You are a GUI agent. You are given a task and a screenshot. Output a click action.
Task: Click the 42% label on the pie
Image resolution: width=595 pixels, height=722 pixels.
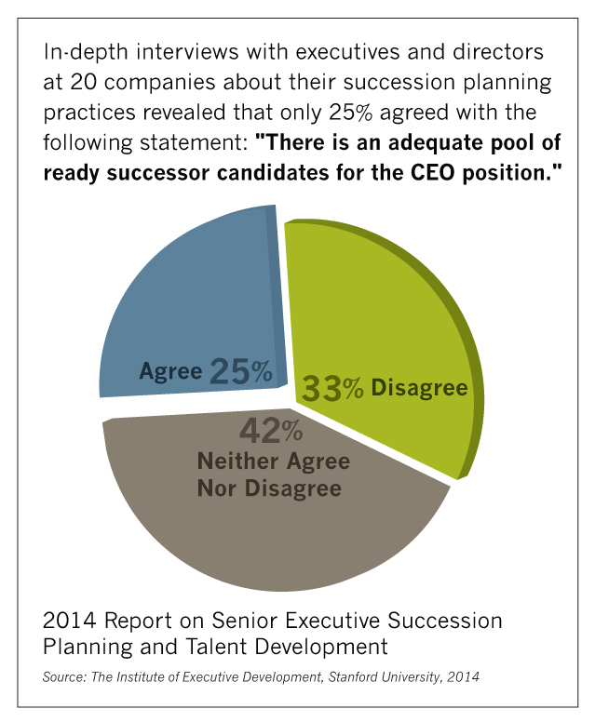(271, 431)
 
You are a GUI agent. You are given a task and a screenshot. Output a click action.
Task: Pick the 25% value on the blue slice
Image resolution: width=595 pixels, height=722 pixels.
(241, 371)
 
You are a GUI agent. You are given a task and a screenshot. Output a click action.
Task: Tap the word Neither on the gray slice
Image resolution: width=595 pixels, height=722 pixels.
(238, 461)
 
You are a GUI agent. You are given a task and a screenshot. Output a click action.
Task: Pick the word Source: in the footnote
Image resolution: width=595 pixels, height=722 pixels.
(68, 677)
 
